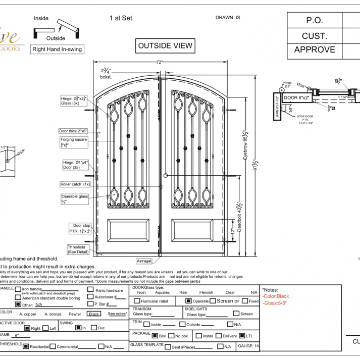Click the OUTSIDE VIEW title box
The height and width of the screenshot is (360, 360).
click(x=165, y=46)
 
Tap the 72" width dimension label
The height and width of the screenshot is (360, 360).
click(x=159, y=62)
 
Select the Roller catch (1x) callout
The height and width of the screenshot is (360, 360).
click(x=75, y=184)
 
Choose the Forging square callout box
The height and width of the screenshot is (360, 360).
click(x=74, y=142)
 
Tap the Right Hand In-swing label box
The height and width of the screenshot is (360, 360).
click(x=57, y=49)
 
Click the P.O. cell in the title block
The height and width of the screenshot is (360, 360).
click(x=315, y=21)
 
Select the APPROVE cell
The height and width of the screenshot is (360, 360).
click(x=315, y=49)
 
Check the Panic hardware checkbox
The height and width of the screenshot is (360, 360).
click(x=90, y=290)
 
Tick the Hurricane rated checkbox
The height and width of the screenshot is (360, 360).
click(x=137, y=301)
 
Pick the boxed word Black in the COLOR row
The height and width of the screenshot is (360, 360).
click(x=93, y=314)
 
